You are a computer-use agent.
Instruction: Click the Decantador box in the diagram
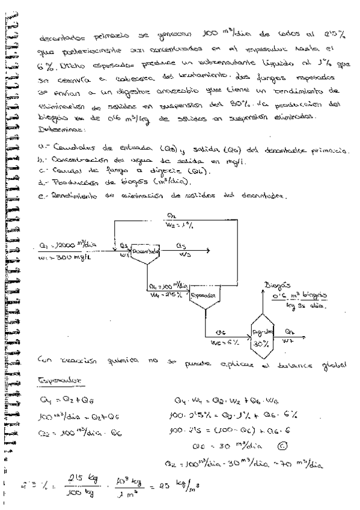(x=145, y=251)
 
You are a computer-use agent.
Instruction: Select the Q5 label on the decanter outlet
(x=183, y=245)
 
